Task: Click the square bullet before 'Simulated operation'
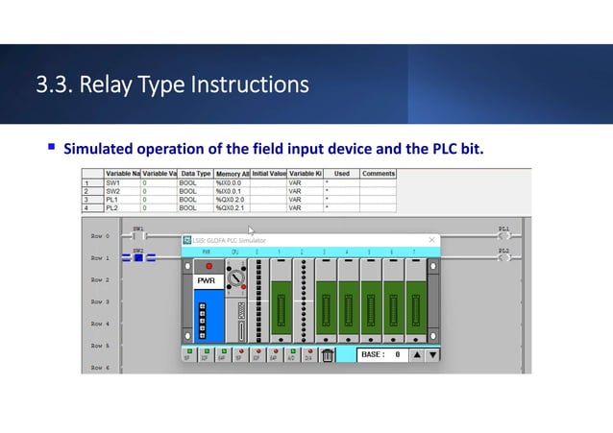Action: click(x=52, y=150)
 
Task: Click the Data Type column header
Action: click(x=196, y=173)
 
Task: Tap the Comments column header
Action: click(x=379, y=173)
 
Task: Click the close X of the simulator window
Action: click(x=431, y=240)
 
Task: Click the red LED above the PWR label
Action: click(x=208, y=265)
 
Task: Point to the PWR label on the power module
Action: click(x=208, y=282)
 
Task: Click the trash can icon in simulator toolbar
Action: click(x=328, y=355)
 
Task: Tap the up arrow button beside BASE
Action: click(x=417, y=355)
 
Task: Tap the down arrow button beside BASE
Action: click(x=432, y=355)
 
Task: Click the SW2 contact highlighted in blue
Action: click(x=137, y=257)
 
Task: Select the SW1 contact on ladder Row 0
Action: click(x=137, y=235)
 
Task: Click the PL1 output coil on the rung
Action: click(x=504, y=235)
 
